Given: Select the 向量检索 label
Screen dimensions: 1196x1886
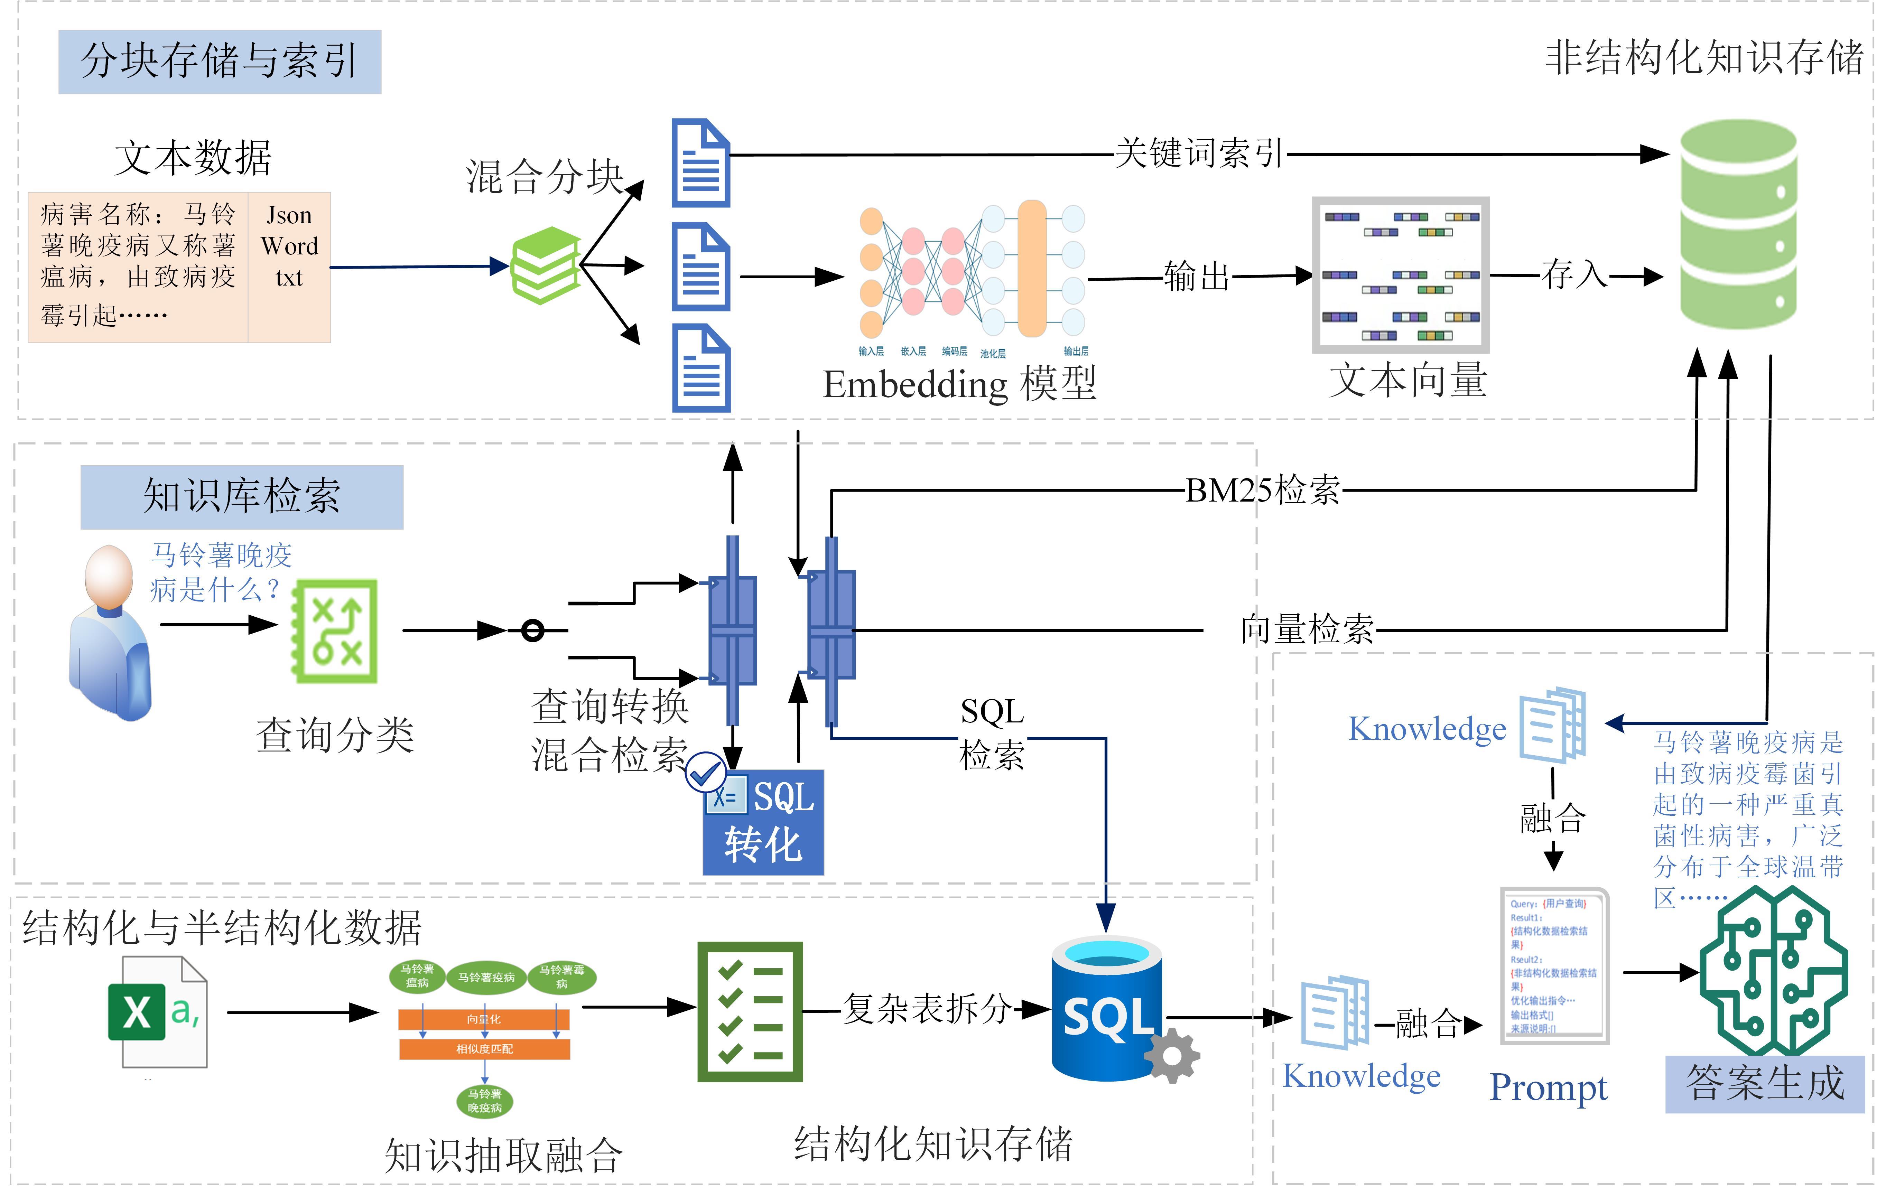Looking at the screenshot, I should [x=1307, y=629].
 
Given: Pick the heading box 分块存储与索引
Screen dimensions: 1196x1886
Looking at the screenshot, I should [x=219, y=62].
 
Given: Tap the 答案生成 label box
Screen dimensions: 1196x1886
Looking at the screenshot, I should [x=1765, y=1083].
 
